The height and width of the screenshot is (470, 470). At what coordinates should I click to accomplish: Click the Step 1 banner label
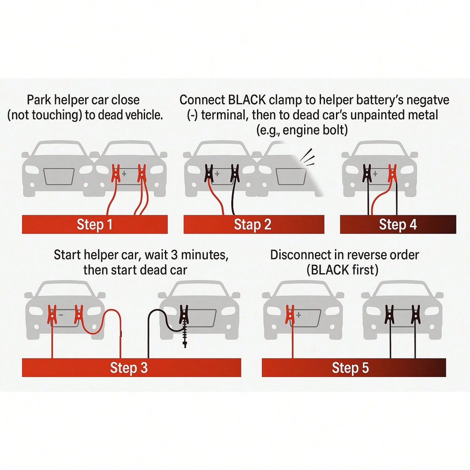pos(95,224)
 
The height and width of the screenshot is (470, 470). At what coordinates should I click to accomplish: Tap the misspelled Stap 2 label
pos(253,224)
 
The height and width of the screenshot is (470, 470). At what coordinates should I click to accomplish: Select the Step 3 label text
pos(129,368)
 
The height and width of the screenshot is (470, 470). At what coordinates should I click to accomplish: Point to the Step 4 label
pos(398,224)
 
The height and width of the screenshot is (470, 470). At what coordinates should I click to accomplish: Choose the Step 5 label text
pos(350,368)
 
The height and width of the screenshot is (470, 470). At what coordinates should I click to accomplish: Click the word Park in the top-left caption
pos(39,100)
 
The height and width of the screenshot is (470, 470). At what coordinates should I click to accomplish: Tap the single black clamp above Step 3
pos(184,314)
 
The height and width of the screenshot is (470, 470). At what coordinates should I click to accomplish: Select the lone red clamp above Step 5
pos(290,315)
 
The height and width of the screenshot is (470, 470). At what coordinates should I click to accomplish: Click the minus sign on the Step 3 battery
pos(61,315)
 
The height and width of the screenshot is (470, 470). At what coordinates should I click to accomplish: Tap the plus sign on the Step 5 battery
pos(299,315)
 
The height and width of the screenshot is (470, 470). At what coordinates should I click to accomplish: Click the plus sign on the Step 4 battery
pos(375,174)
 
